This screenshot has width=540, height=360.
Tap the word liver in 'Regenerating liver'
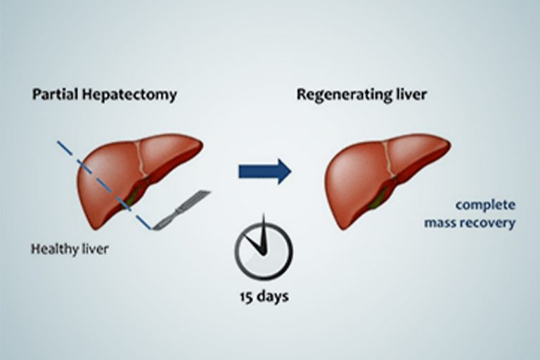(x=409, y=94)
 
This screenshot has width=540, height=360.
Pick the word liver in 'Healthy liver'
(x=94, y=249)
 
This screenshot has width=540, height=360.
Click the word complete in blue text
(x=485, y=205)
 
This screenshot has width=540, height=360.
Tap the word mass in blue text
(x=441, y=224)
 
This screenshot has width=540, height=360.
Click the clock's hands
(x=259, y=239)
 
